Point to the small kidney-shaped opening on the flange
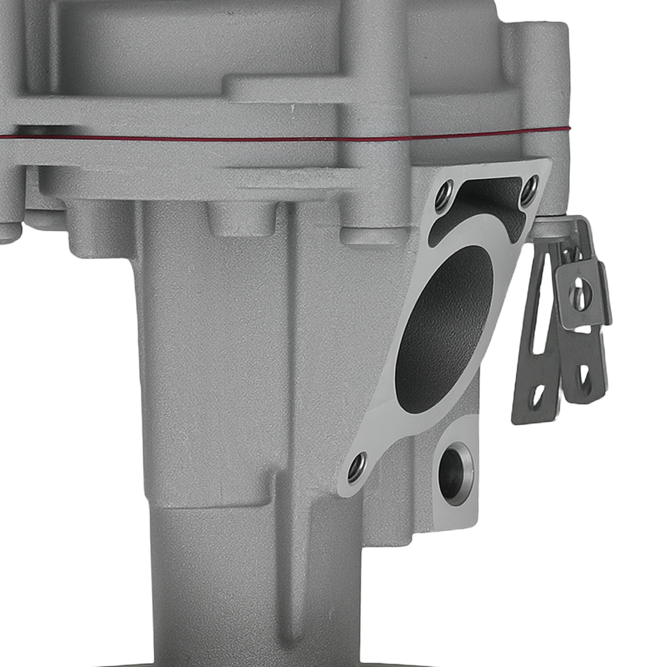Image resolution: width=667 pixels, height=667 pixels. click(x=479, y=208)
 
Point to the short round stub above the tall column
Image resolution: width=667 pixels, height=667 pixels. click(x=242, y=219)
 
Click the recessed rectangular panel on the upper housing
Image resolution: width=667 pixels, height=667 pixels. click(x=138, y=50)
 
